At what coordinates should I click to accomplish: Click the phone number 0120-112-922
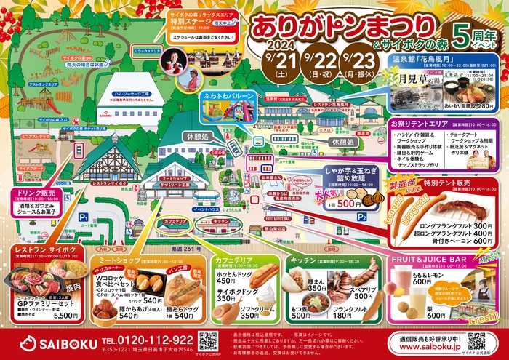click(x=148, y=339)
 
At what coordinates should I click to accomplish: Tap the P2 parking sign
click(x=361, y=216)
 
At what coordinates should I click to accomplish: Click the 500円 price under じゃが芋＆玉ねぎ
click(x=352, y=205)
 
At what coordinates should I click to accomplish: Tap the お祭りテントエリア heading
click(x=428, y=124)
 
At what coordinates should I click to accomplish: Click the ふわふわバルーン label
click(x=233, y=95)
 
